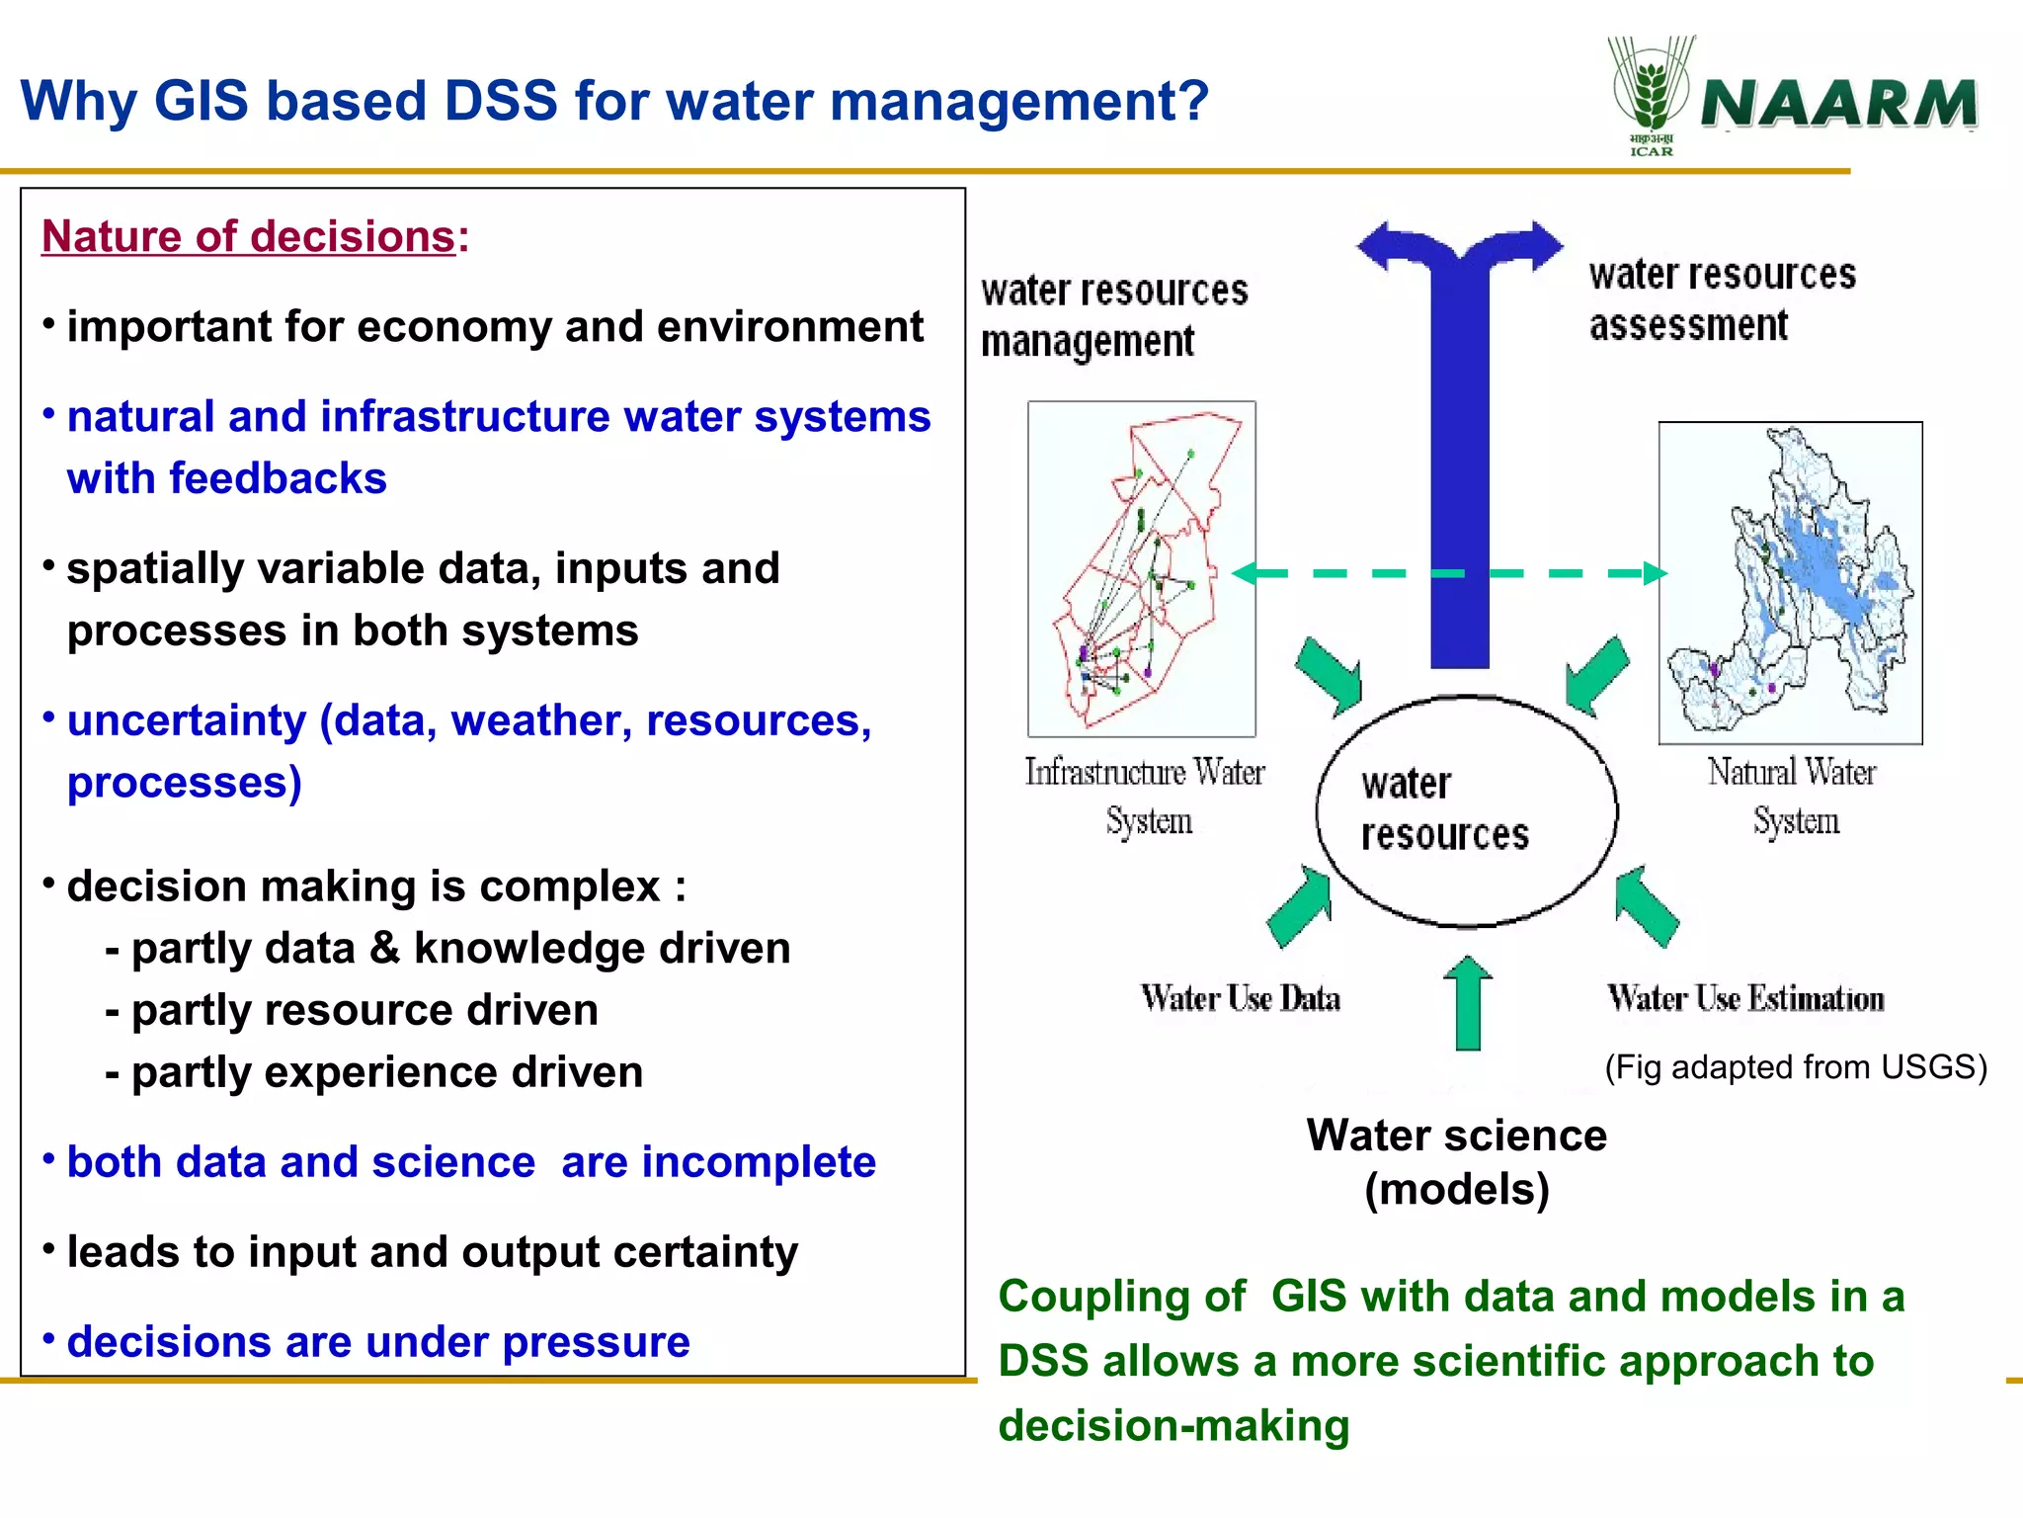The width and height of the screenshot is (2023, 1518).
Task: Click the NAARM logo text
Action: tap(1839, 103)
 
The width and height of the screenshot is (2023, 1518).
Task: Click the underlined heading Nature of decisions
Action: tap(248, 237)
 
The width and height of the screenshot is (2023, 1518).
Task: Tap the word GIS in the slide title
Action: tap(201, 101)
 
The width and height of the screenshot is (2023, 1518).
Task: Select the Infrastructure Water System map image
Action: tap(1141, 568)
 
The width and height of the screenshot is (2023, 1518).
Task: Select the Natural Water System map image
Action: tap(1790, 583)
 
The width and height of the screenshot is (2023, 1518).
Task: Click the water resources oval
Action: tap(1466, 810)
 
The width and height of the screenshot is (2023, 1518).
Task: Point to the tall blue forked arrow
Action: tap(1459, 445)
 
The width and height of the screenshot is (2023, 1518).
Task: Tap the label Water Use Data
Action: tap(1240, 998)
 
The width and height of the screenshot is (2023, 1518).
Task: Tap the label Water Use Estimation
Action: tap(1745, 998)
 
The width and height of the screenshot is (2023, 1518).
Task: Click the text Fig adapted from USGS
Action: tap(1795, 1067)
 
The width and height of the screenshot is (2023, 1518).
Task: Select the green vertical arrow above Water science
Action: tap(1468, 1003)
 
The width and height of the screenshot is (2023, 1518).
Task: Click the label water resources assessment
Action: tap(1721, 299)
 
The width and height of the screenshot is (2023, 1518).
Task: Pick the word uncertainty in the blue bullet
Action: tap(186, 720)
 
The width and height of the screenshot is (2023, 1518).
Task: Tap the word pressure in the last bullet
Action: tap(595, 1342)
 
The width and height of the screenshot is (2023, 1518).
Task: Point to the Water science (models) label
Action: tap(1456, 1161)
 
